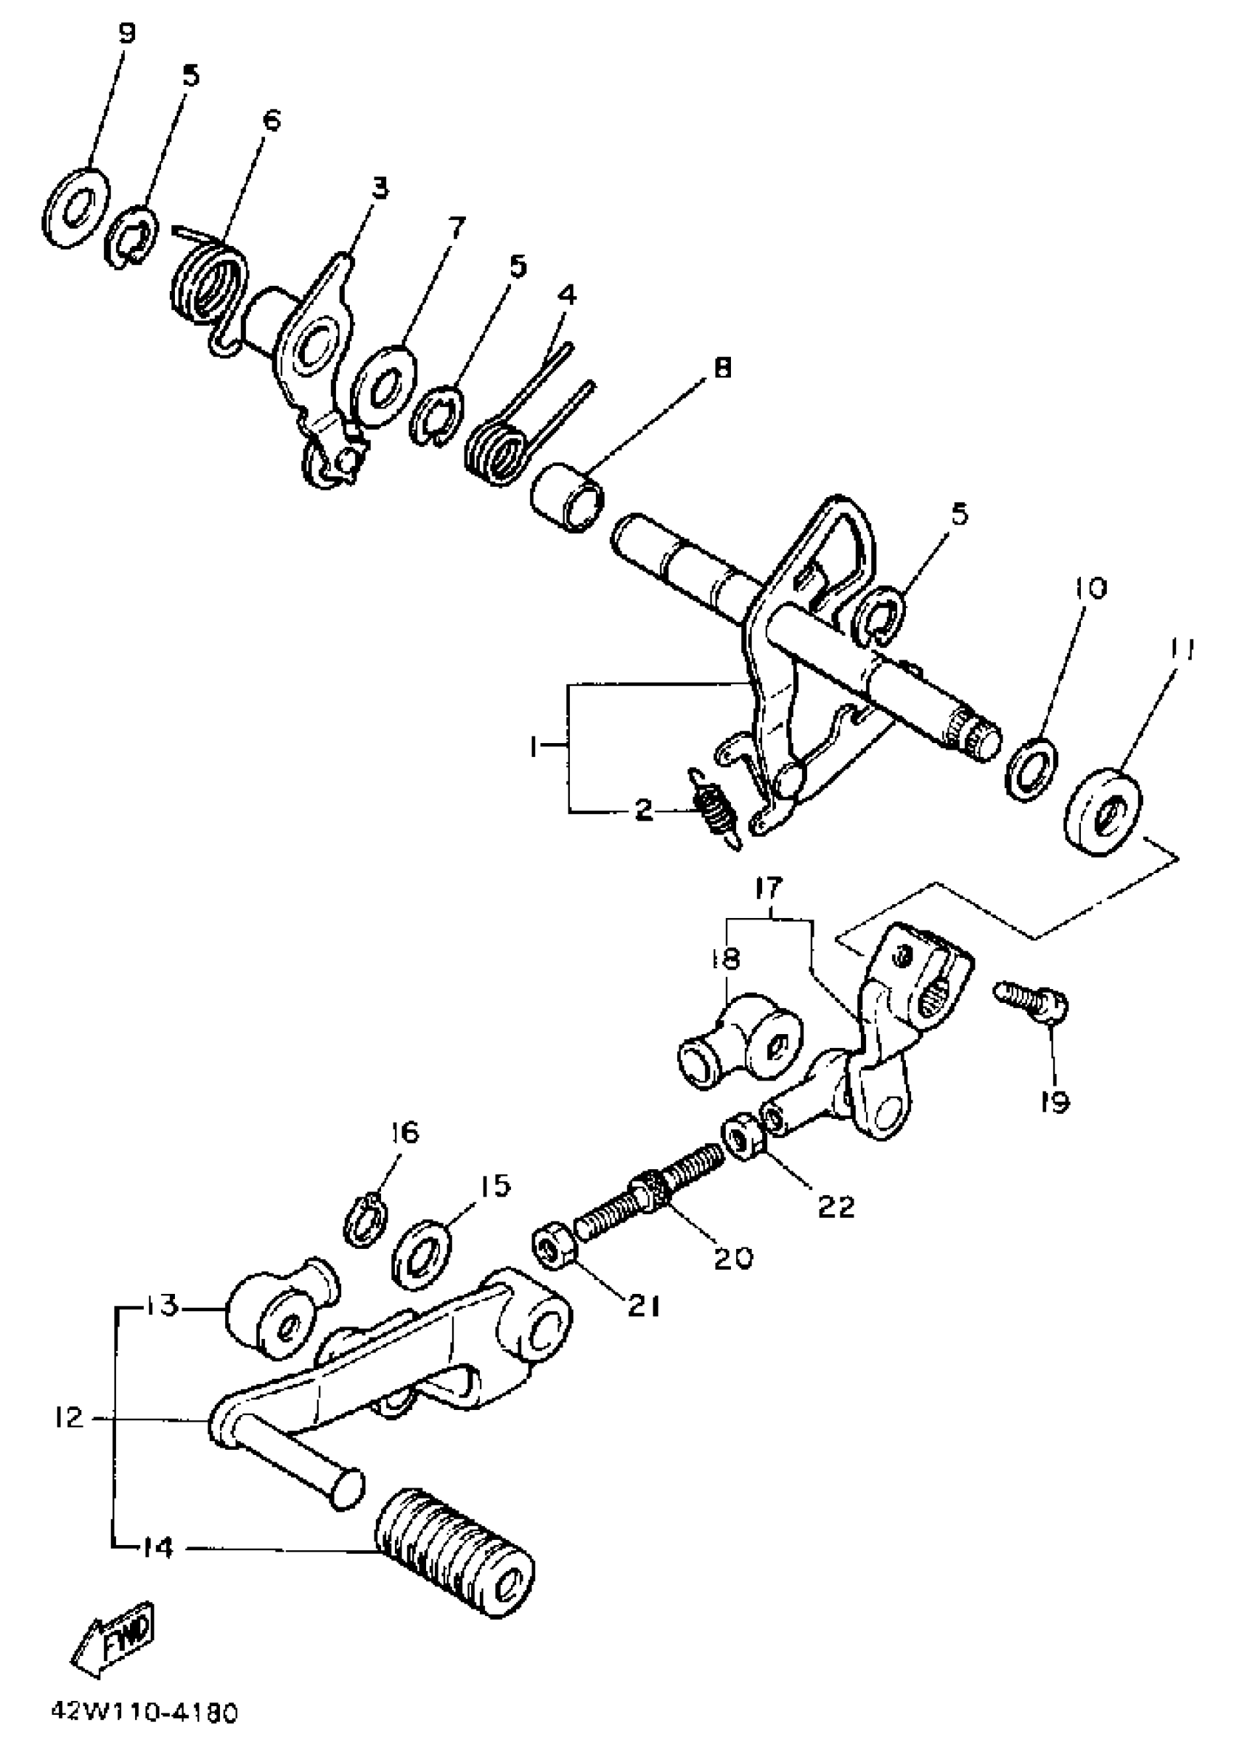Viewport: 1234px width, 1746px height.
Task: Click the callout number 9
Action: (126, 34)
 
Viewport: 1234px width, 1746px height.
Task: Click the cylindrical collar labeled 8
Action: (568, 498)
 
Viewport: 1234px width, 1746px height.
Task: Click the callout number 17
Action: (770, 889)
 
